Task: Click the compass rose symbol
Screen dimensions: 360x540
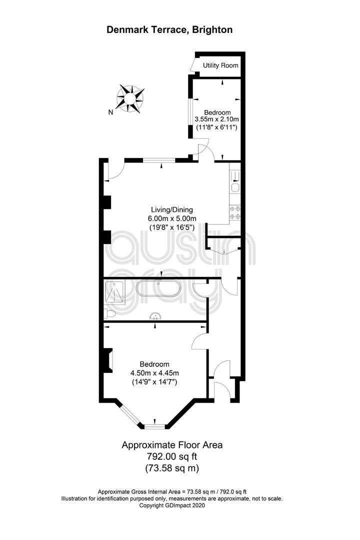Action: coord(130,98)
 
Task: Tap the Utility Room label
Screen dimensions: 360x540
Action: coord(220,65)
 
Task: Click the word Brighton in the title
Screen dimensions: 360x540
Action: coord(212,29)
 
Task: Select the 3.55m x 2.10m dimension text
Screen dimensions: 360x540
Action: coord(217,119)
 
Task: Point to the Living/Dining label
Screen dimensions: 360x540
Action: coord(172,209)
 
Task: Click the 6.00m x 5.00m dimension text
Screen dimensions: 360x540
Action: coord(172,218)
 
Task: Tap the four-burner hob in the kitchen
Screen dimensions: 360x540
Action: coord(235,212)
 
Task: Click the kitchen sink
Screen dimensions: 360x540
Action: coord(235,187)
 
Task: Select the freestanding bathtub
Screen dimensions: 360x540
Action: coord(158,288)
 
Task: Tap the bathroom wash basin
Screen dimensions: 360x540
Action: coord(155,316)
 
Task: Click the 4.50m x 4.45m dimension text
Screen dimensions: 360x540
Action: coord(154,373)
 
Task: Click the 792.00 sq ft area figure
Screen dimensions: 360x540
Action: coord(172,456)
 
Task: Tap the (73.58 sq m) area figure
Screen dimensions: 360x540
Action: coord(172,468)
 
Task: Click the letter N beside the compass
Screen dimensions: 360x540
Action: coord(110,112)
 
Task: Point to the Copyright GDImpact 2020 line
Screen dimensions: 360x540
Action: coord(172,505)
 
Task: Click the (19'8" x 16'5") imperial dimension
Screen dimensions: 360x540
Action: coord(172,227)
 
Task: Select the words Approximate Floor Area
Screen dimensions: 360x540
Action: coord(172,445)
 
